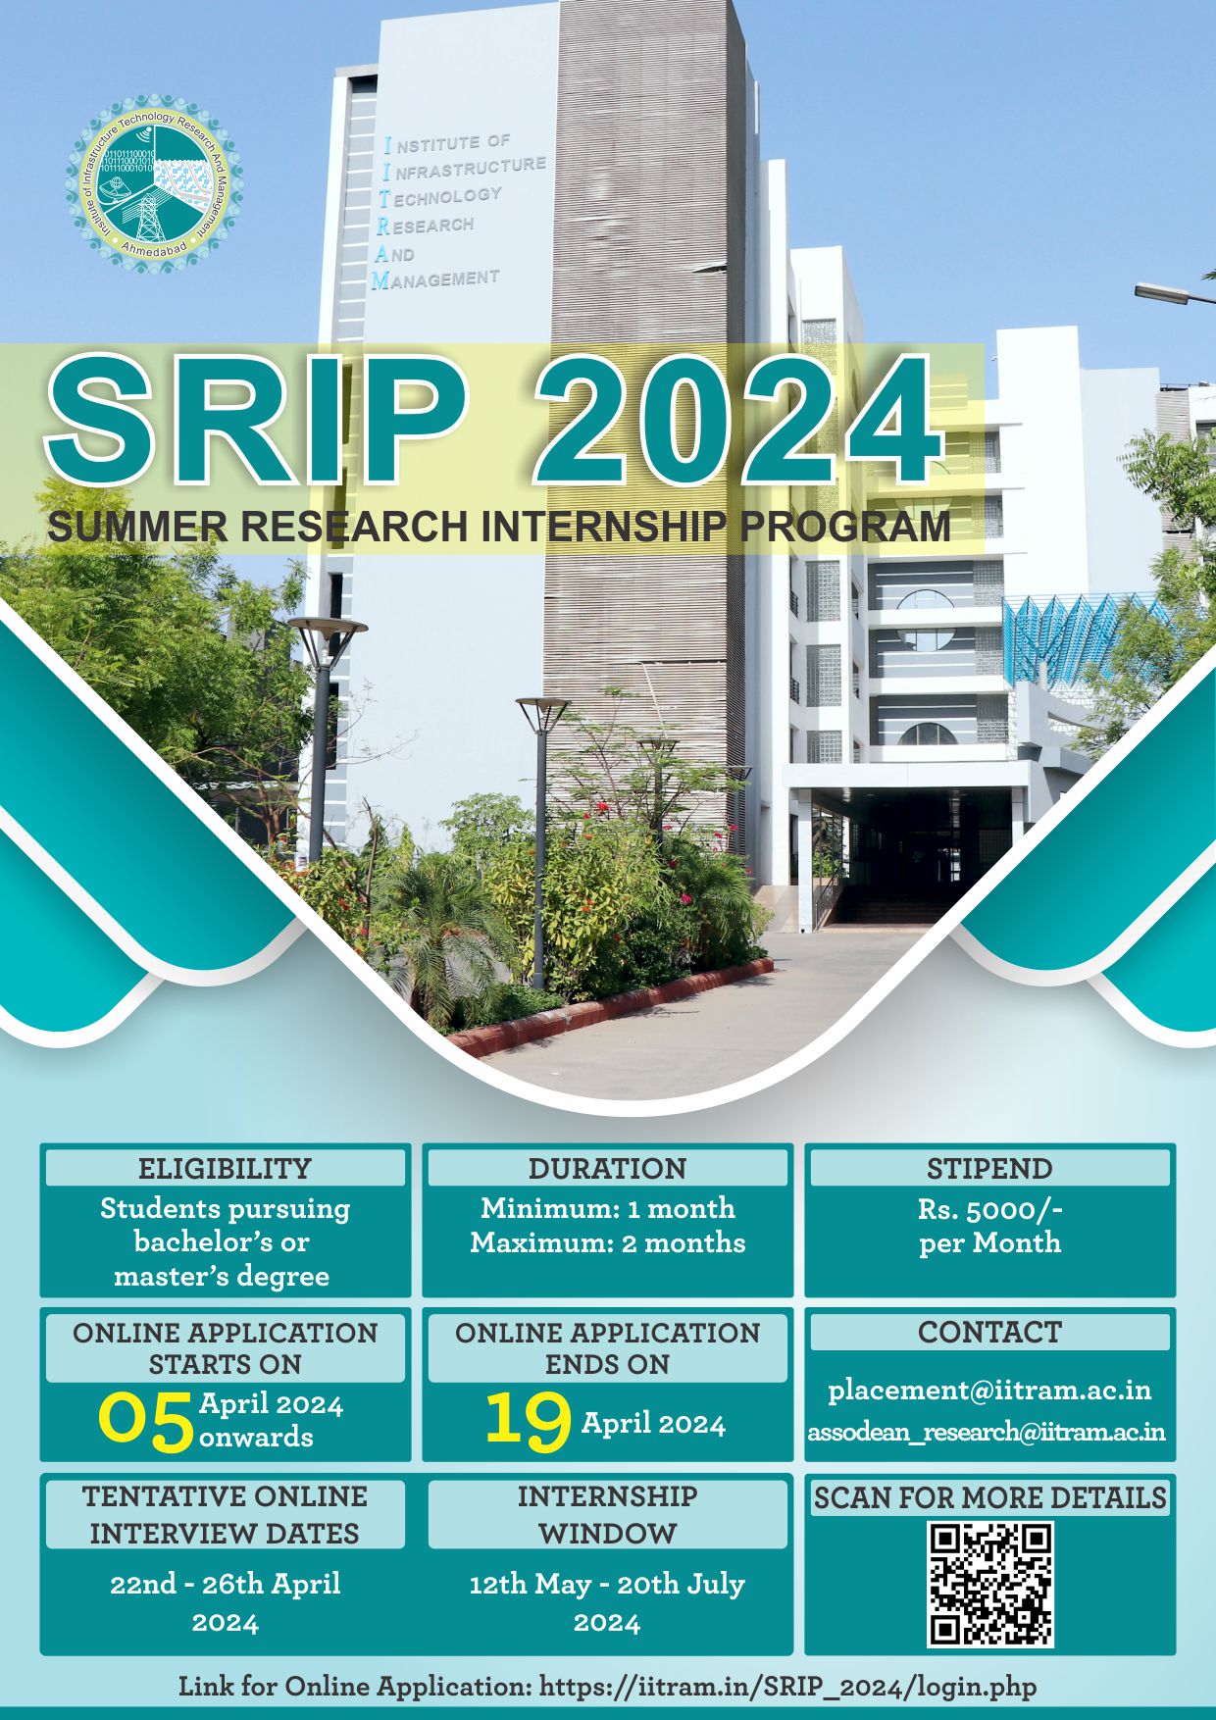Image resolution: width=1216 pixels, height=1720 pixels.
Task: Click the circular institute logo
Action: pos(155,183)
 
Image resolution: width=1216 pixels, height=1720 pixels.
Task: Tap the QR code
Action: pos(990,1584)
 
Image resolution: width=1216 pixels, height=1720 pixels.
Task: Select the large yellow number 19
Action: pos(528,1421)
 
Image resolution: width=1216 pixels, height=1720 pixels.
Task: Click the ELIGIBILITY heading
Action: pos(225,1168)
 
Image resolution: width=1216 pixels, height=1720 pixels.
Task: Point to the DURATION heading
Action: pos(608,1168)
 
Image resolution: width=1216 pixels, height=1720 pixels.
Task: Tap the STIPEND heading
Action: pos(989,1168)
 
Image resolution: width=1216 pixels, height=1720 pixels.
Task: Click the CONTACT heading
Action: pos(989,1332)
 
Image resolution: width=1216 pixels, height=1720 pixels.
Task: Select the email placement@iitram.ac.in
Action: pos(989,1390)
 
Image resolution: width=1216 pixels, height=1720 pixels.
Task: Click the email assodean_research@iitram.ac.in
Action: pos(987,1432)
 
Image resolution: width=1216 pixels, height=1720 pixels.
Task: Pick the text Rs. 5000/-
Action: pos(990,1209)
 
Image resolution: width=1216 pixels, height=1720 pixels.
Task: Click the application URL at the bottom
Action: pos(788,1687)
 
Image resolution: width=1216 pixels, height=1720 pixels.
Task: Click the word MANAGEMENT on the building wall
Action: pos(435,279)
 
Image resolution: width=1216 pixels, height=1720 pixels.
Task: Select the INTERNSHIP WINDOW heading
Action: pos(608,1514)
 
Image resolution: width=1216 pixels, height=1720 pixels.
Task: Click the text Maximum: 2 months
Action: pos(608,1242)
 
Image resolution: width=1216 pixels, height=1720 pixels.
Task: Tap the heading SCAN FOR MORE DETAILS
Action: pos(990,1497)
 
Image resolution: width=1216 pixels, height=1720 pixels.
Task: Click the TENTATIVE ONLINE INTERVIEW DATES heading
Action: pos(225,1514)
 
